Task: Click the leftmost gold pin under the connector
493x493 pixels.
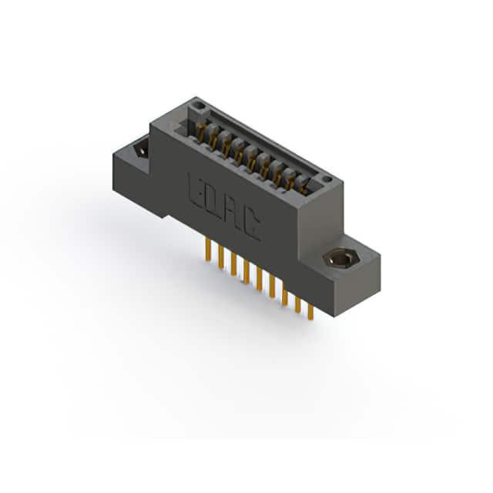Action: [x=208, y=250]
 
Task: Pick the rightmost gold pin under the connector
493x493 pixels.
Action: [x=310, y=311]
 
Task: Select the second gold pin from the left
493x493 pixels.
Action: [x=221, y=257]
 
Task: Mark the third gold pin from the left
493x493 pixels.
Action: [x=233, y=265]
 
